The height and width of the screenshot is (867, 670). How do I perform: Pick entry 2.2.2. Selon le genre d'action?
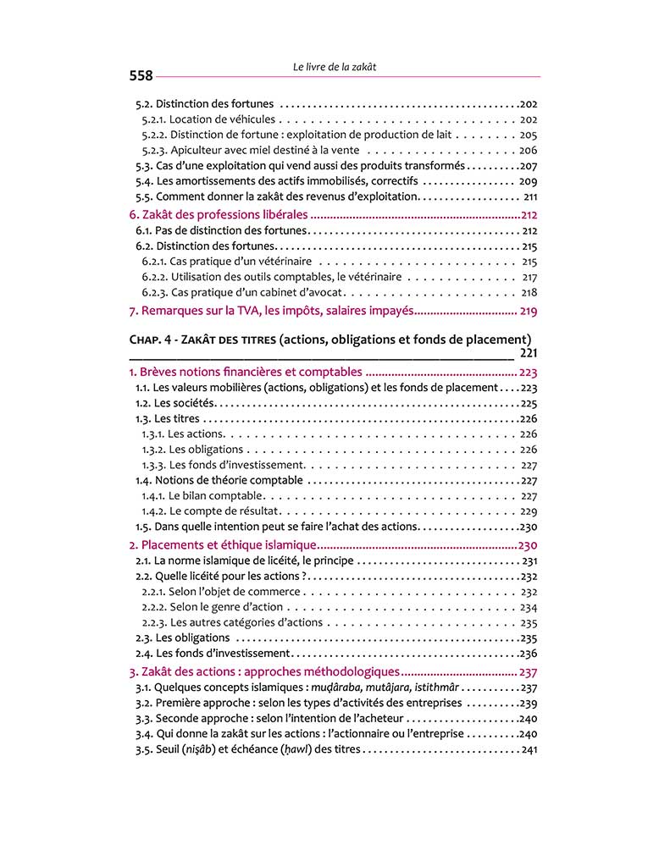tap(210, 607)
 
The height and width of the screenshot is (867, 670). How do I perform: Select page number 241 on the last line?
tap(529, 750)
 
